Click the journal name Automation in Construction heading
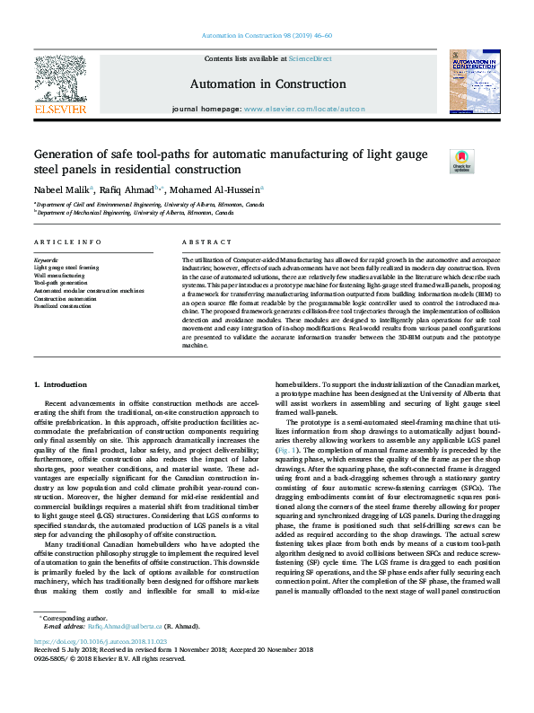coord(267,84)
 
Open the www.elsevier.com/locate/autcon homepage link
coord(304,109)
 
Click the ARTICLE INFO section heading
coord(68,242)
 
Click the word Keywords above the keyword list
coord(46,260)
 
